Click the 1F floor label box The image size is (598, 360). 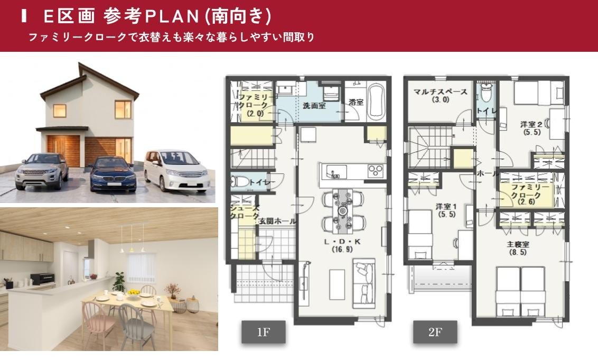[x=263, y=333]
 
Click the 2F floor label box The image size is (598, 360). [x=435, y=333]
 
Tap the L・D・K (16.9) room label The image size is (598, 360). [x=342, y=245]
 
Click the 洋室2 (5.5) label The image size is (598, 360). [x=530, y=128]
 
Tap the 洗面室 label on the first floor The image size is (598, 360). [x=314, y=106]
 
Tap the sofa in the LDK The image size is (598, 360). [x=364, y=279]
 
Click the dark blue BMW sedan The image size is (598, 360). [x=113, y=173]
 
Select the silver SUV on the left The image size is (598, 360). [x=42, y=171]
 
